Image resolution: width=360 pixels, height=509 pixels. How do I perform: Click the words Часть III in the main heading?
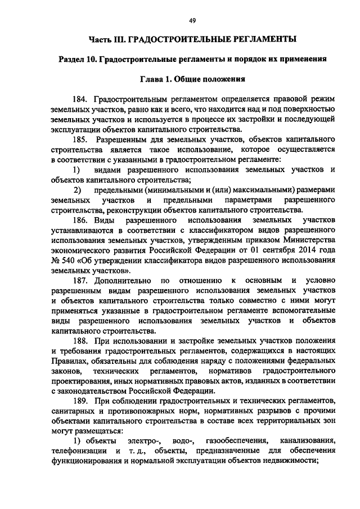(107, 39)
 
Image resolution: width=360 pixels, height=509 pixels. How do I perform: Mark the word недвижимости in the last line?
(289, 462)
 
